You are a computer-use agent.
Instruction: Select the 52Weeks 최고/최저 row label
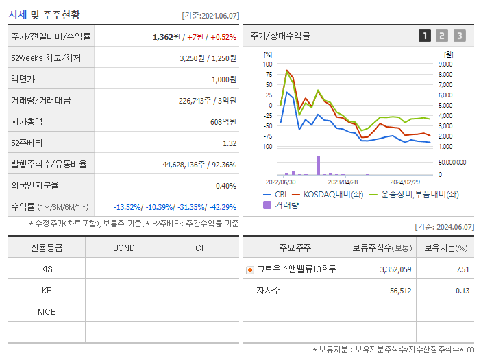[46, 58]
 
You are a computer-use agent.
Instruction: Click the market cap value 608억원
[223, 122]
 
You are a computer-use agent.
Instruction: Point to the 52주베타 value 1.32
[230, 143]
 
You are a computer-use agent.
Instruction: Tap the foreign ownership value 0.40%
[226, 186]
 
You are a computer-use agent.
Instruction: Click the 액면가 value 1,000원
[223, 80]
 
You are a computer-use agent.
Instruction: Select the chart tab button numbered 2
[442, 36]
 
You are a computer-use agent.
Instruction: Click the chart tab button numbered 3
[459, 36]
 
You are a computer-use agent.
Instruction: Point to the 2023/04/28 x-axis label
[343, 182]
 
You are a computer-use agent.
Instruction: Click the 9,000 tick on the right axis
[444, 64]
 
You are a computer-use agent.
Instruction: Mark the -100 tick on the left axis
[265, 147]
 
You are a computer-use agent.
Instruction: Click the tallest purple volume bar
[318, 165]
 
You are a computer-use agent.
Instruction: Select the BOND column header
[123, 248]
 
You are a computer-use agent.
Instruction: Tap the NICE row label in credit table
[47, 311]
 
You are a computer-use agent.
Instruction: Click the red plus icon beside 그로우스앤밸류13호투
[249, 270]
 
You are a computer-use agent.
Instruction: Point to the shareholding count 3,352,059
[395, 270]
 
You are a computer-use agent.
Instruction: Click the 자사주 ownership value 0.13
[463, 291]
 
